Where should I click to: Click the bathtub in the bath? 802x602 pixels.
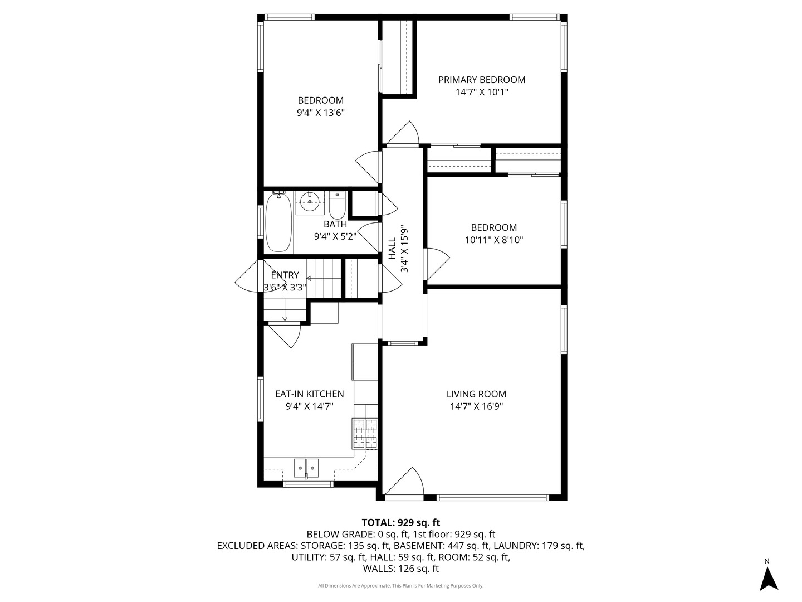tap(278, 222)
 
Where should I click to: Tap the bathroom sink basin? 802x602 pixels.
tap(310, 202)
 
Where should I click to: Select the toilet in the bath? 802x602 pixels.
tap(337, 206)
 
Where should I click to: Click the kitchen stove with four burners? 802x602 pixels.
tap(365, 434)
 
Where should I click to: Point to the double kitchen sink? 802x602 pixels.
tap(306, 468)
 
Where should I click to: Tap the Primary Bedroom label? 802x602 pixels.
tap(482, 80)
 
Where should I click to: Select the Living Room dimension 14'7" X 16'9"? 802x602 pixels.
tap(476, 407)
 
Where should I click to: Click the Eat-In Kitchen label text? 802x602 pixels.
tap(309, 394)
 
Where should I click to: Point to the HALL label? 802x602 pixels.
tap(392, 249)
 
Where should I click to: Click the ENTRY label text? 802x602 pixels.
tap(285, 275)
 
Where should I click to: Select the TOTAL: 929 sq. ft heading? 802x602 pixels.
tap(400, 522)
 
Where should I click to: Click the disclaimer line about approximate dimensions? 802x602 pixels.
tap(400, 586)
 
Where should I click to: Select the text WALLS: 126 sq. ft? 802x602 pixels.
tap(400, 569)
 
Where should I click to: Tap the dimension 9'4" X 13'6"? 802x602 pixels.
tap(321, 113)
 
